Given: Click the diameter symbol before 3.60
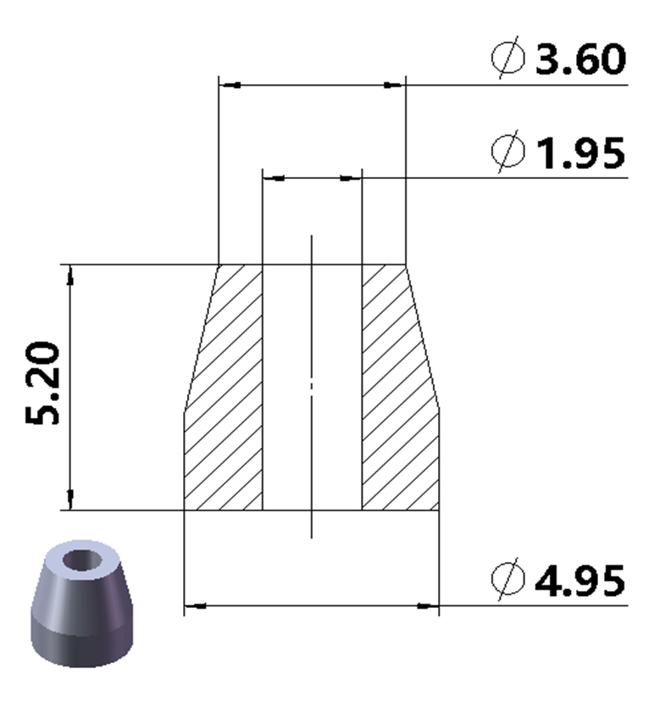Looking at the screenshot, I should pyautogui.click(x=508, y=59).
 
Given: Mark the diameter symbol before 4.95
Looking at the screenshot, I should pyautogui.click(x=508, y=581).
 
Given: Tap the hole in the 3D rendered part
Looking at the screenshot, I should pyautogui.click(x=82, y=560).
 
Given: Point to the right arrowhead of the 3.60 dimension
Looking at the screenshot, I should pyautogui.click(x=394, y=86).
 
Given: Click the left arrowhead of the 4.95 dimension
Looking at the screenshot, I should pyautogui.click(x=195, y=605).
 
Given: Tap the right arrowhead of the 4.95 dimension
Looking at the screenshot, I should pyautogui.click(x=429, y=605).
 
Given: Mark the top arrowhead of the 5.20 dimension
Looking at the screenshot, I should pyautogui.click(x=70, y=275).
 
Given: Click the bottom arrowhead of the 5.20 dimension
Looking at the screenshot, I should pyautogui.click(x=70, y=499).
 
